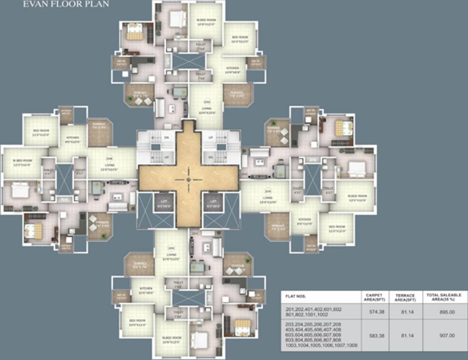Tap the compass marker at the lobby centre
tap(188, 179)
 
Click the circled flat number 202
tap(206, 102)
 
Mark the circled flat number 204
tap(268, 191)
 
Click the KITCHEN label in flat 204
tap(305, 220)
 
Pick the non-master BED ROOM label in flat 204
tap(336, 230)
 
